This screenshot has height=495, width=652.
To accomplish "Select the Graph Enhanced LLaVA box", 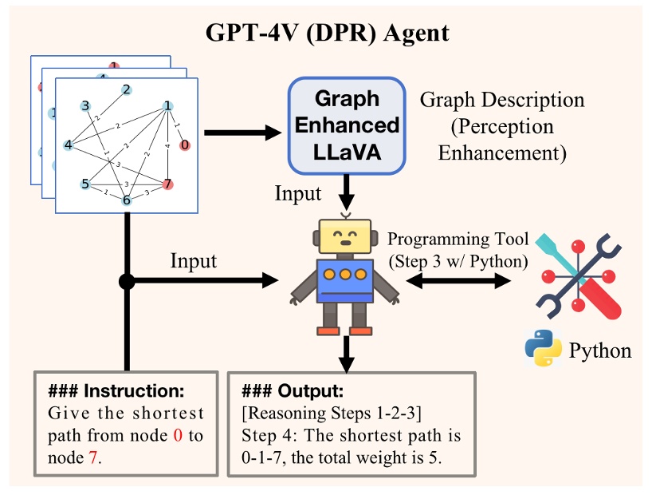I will coord(345,125).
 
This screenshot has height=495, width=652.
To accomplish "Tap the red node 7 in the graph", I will coord(167,184).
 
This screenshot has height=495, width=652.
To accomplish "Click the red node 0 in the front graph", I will coord(185,145).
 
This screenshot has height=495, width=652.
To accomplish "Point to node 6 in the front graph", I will coord(126,200).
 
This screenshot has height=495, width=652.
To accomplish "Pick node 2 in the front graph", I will coord(126,89).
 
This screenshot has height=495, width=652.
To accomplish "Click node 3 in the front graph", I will coord(85,105).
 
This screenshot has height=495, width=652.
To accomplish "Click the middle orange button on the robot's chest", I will coord(345,275).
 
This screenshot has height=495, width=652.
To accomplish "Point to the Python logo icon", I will coord(540,349).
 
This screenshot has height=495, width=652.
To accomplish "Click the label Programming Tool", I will coord(450,240).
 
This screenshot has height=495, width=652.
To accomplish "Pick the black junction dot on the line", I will coord(126,281).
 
